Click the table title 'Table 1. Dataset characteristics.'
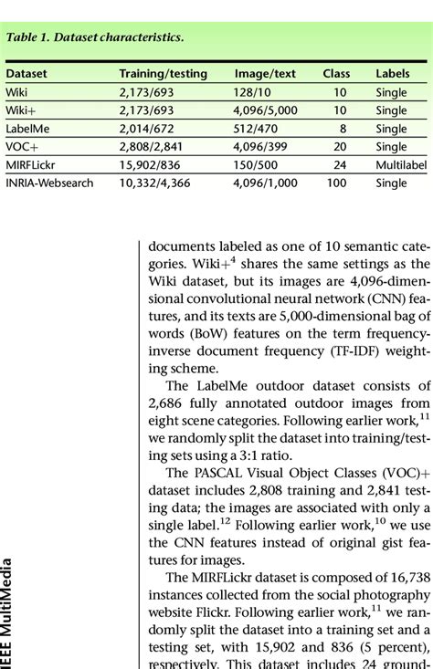coord(95,38)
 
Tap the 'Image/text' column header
coord(265,73)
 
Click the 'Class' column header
coord(336,73)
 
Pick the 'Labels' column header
coord(393,73)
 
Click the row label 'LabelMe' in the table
coord(27,129)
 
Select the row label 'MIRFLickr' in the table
coord(33,164)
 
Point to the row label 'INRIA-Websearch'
coord(50,183)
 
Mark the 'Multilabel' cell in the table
coord(401,164)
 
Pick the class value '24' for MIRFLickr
coord(340,164)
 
